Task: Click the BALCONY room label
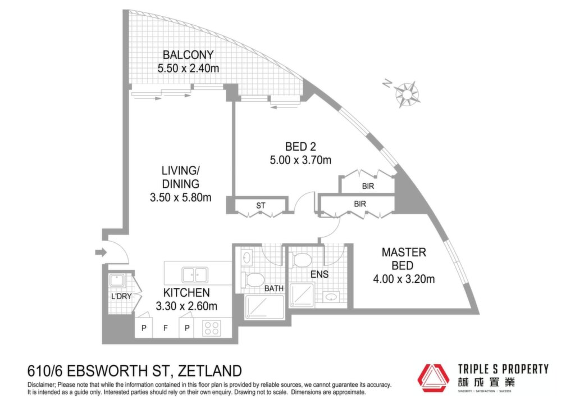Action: pos(188,55)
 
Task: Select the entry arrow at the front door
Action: pos(101,252)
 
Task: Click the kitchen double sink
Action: pos(195,275)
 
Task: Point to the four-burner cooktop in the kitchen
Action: pos(212,328)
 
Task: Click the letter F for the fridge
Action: pos(166,328)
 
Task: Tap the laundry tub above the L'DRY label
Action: pos(117,281)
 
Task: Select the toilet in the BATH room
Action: pos(252,280)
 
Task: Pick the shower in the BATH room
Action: pos(264,307)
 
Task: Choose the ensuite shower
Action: pos(302,295)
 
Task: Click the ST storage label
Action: pos(261,206)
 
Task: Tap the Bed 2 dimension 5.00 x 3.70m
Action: pos(301,160)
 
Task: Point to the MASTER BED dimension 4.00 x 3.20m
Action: pos(404,279)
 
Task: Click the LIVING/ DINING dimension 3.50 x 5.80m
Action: pos(181,197)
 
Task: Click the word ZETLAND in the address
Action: pos(209,370)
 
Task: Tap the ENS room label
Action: pos(320,274)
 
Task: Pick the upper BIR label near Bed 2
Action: pos(368,186)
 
